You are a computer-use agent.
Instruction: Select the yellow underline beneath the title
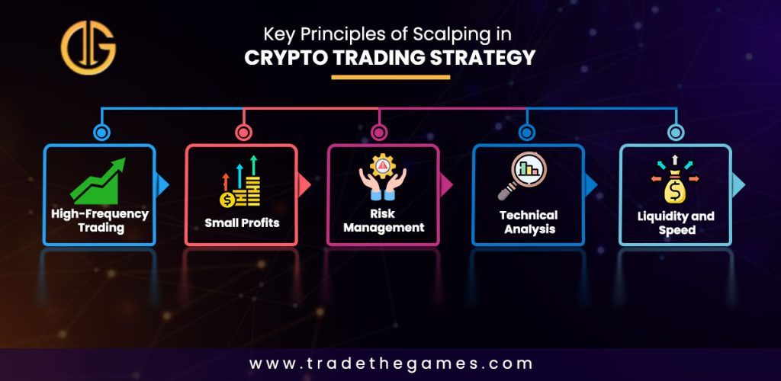(390, 77)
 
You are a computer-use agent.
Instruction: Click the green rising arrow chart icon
(98, 181)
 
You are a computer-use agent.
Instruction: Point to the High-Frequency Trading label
(100, 221)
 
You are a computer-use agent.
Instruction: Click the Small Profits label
(242, 223)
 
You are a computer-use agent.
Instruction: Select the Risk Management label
(384, 221)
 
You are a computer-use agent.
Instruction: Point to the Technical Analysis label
(529, 222)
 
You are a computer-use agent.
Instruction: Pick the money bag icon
(675, 180)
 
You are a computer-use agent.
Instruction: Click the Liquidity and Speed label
(676, 223)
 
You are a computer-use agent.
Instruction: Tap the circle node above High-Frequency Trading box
(101, 133)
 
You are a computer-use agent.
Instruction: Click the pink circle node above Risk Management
(378, 133)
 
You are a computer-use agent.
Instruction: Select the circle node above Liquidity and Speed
(676, 133)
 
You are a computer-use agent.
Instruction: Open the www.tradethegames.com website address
(390, 363)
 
